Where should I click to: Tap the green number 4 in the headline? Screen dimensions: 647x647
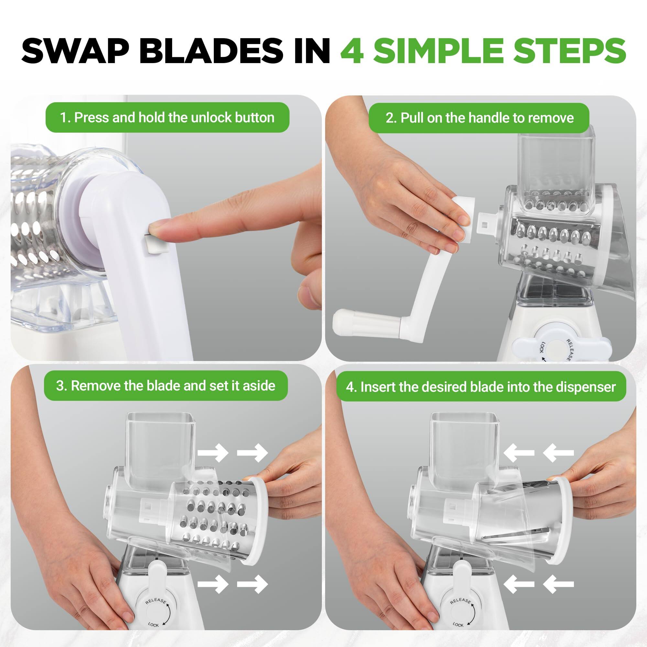coord(352,51)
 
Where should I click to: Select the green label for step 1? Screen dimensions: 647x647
coord(167,117)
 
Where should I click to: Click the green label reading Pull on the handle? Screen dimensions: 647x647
coord(479,118)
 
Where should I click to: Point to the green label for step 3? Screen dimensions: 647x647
coord(166,386)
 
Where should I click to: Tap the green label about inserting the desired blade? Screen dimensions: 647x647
coord(481,387)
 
